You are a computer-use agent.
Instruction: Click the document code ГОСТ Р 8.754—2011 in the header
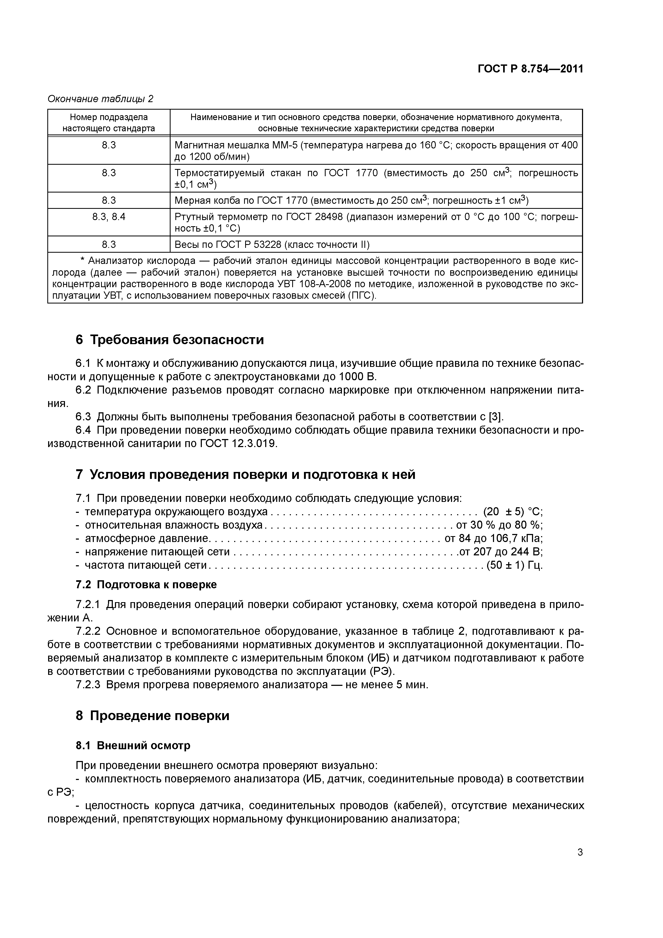coord(530,69)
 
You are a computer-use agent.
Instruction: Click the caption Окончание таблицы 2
coord(101,99)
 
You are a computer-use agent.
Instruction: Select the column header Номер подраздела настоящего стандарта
coord(109,122)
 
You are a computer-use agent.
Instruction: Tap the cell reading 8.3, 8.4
coord(109,217)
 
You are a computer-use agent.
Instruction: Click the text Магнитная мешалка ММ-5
coord(236,145)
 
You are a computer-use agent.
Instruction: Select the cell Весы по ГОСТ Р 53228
coord(272,245)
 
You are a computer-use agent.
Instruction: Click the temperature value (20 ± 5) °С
coord(512,512)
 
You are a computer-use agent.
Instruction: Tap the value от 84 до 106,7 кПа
coord(493,539)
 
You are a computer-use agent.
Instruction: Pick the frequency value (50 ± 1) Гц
coord(514,566)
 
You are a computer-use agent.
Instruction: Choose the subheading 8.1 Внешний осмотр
coord(133,745)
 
